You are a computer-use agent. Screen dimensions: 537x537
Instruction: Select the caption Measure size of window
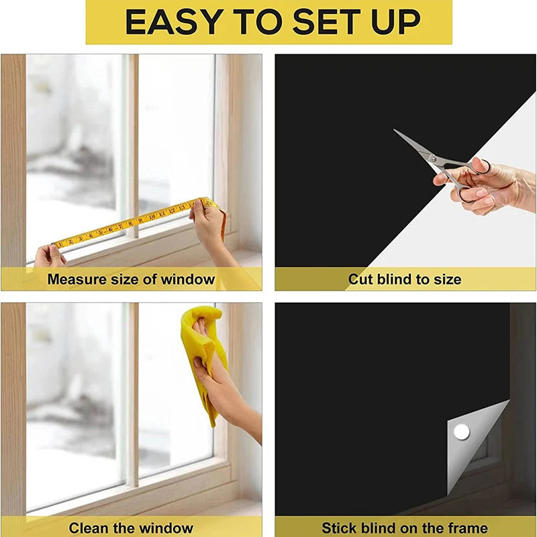pyautogui.click(x=131, y=279)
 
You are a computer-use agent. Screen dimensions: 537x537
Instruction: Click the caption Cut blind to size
pyautogui.click(x=405, y=279)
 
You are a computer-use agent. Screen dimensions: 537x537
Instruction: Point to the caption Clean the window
pyautogui.click(x=131, y=528)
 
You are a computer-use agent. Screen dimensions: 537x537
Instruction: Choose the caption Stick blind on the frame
pyautogui.click(x=405, y=528)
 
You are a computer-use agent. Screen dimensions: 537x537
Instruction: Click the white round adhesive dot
pyautogui.click(x=460, y=432)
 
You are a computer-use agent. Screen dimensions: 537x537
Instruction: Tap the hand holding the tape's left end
pyautogui.click(x=50, y=256)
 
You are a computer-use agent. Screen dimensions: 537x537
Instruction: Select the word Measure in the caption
pyautogui.click(x=73, y=279)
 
